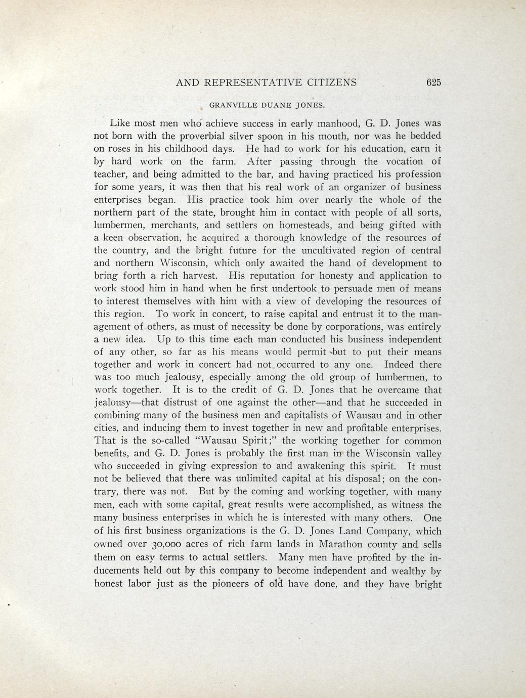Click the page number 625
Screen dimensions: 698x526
pos(434,82)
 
